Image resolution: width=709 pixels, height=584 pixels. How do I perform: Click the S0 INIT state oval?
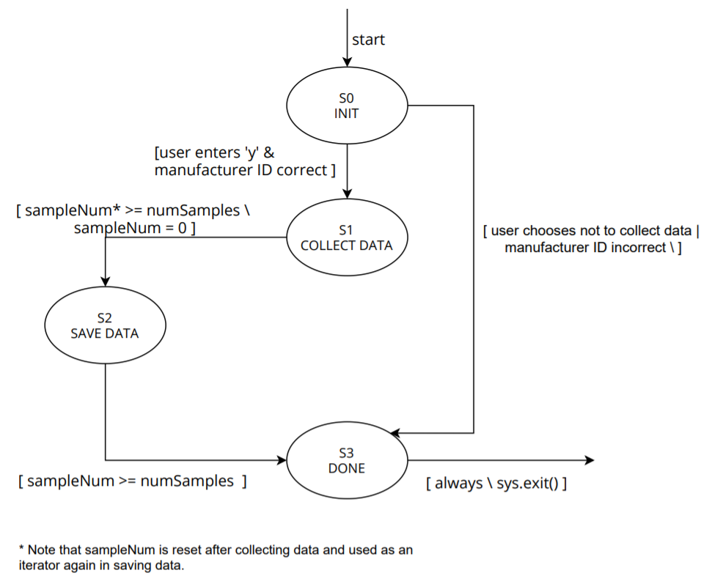tap(346, 106)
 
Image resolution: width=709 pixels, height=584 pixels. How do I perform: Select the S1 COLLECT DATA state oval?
tap(346, 237)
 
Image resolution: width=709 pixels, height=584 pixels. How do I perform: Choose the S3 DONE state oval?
tap(347, 460)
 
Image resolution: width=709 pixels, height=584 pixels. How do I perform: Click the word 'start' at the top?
tap(368, 40)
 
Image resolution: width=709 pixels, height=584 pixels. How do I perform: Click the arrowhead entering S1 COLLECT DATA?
tap(346, 194)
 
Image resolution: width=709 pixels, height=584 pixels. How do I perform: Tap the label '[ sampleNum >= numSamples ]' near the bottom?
tap(132, 481)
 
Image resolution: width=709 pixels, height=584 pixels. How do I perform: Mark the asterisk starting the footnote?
tap(21, 548)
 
